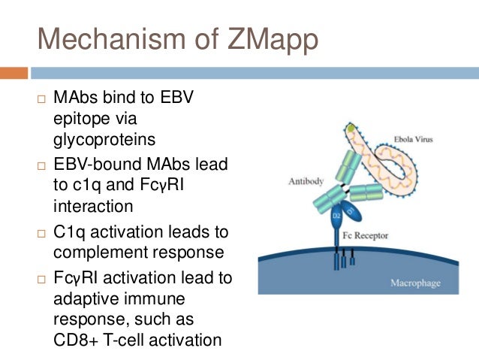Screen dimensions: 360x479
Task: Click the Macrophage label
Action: click(414, 283)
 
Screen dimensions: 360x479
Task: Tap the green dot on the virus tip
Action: click(351, 129)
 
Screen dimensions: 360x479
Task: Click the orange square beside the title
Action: click(14, 73)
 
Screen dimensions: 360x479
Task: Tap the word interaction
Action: click(93, 207)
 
